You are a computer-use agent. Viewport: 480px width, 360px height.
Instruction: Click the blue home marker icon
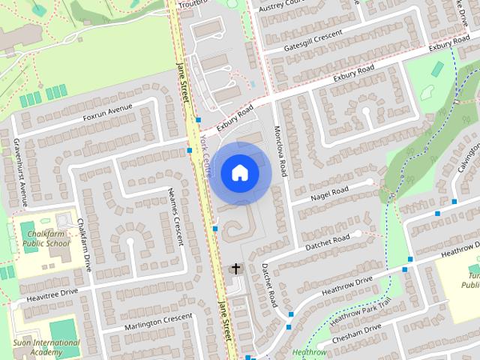[239, 172]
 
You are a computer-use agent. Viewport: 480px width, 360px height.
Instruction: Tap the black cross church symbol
[236, 268]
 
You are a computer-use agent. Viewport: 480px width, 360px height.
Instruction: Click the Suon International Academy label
[47, 347]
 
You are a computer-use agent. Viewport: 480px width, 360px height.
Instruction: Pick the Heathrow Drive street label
[346, 285]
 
